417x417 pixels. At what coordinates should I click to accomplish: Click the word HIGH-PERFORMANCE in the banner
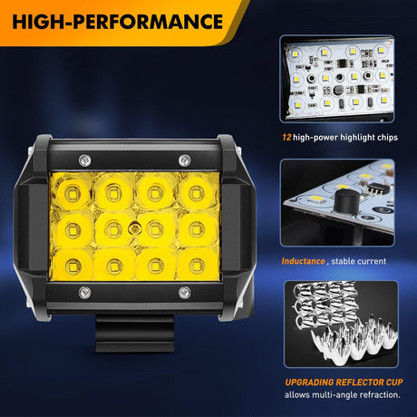coord(118,22)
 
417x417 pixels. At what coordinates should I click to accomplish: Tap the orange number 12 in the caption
coord(286,138)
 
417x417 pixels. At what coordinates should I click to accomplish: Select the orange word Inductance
coord(303,261)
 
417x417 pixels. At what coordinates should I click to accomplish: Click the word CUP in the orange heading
coord(394,383)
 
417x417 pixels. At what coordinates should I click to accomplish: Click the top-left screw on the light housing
coord(84,160)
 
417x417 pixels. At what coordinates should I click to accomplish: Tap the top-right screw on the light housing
coord(184,160)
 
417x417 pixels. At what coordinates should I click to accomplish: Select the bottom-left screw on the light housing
coord(84,293)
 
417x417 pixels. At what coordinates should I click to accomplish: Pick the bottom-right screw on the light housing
coord(184,293)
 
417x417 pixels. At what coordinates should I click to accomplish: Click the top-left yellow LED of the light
coord(73,194)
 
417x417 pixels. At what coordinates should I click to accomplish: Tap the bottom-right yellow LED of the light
coord(197,265)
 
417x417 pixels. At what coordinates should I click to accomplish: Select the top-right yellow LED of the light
coord(197,193)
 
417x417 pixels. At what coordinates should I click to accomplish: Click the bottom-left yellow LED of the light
coord(73,266)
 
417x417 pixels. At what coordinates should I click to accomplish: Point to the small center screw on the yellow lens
coord(134,228)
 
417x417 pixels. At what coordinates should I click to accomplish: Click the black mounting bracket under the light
coord(135,334)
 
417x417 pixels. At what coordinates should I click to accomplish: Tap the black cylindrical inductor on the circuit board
coord(347,201)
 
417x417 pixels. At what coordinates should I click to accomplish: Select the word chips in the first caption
coord(387,138)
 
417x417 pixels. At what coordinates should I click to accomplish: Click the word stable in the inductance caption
coord(342,261)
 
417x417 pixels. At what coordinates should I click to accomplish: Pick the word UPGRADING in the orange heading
coord(309,383)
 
